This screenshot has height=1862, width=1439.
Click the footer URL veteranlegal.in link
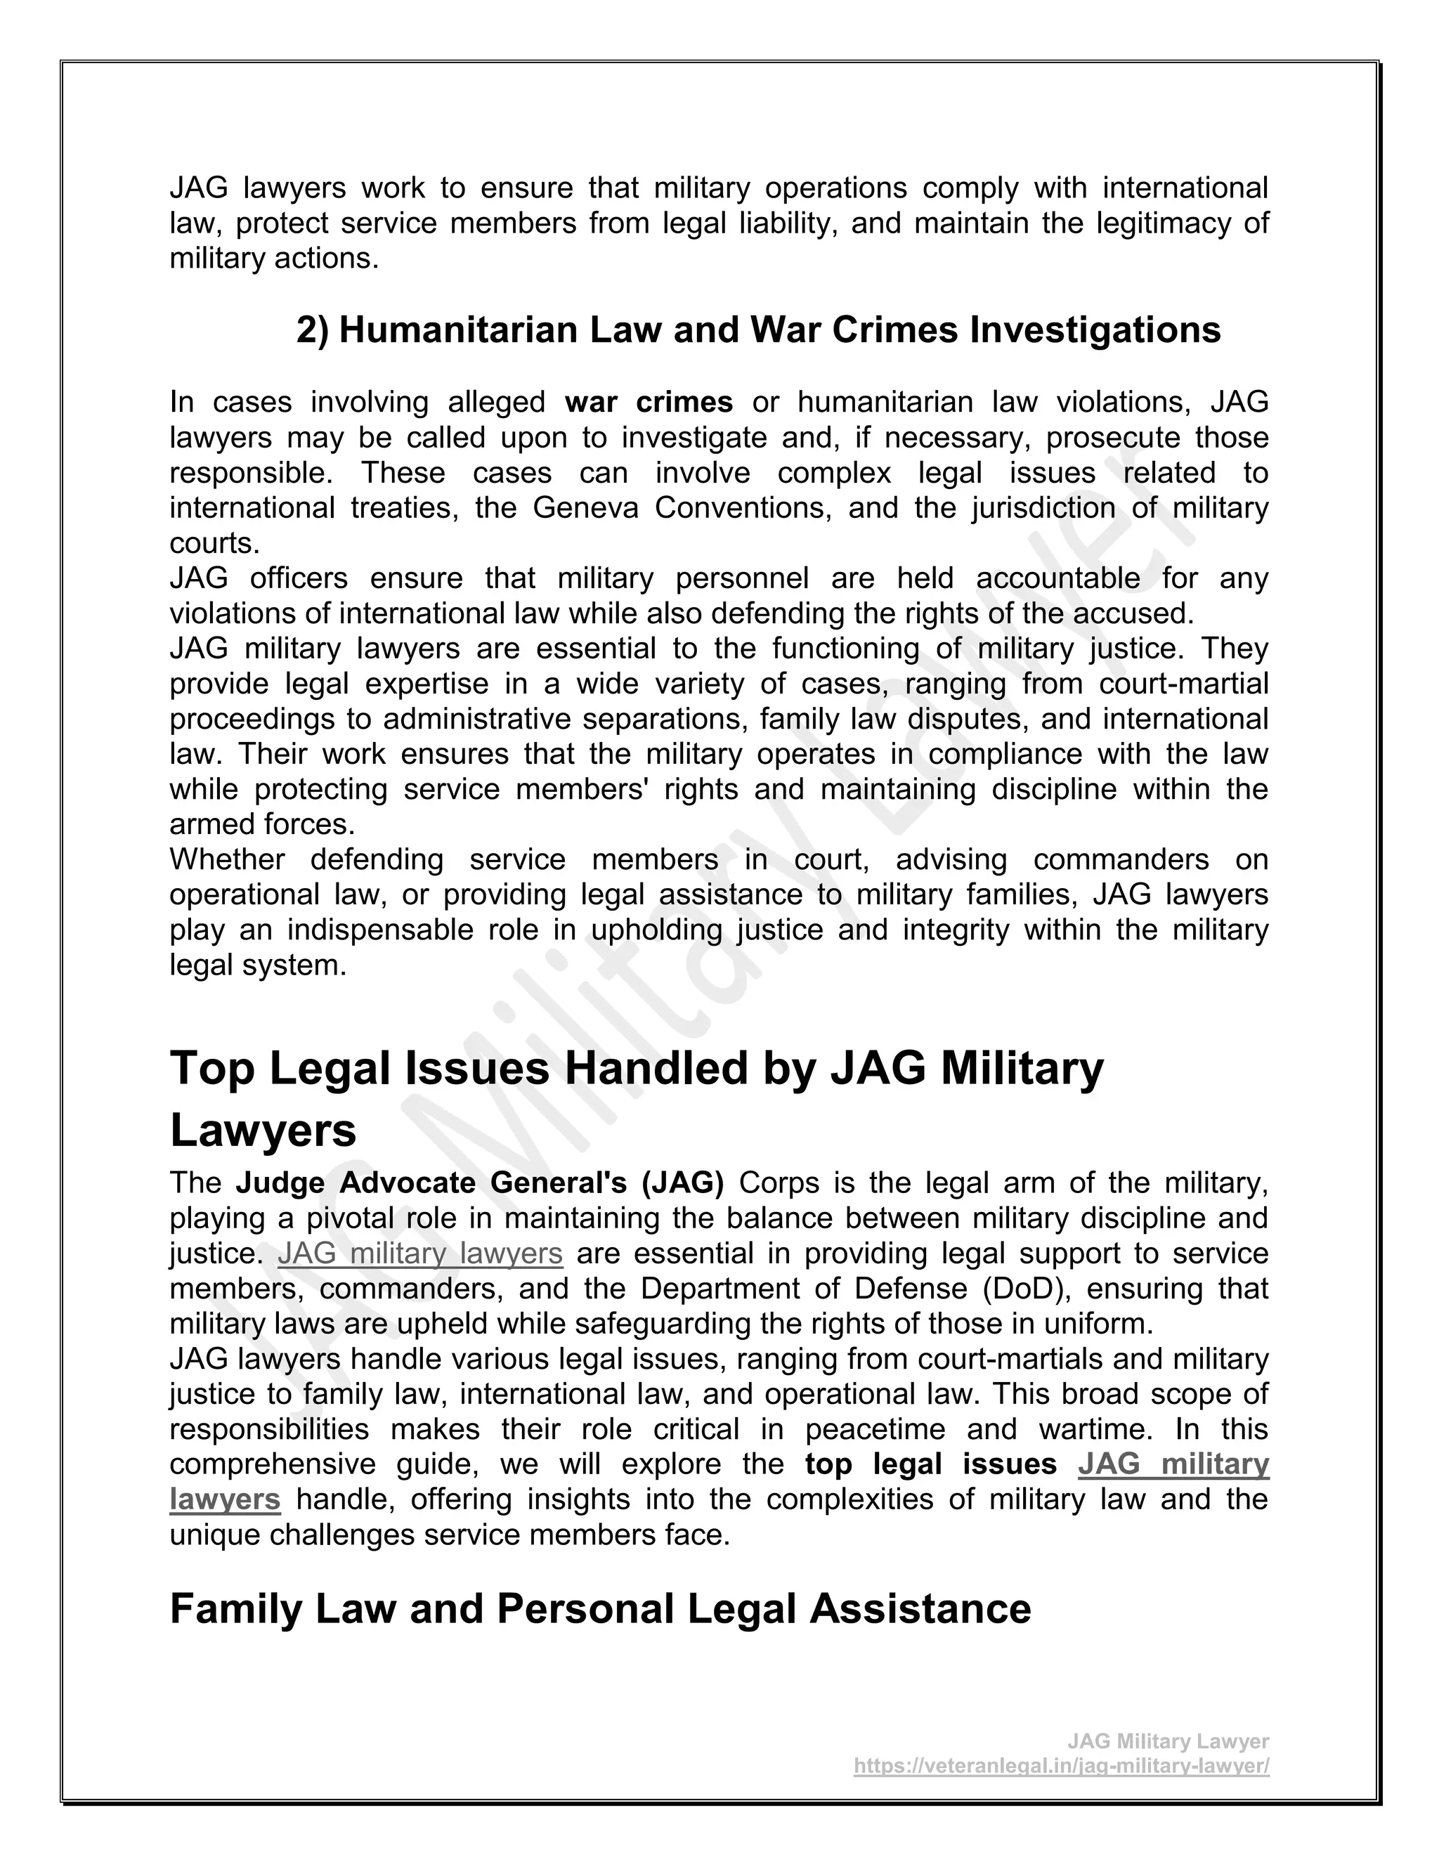[1062, 1766]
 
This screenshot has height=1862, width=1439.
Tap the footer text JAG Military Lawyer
[1168, 1741]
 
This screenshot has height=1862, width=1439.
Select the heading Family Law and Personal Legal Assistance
[600, 1610]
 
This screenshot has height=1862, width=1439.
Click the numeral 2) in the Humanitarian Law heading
[313, 331]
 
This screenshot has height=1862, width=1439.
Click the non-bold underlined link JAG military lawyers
[420, 1254]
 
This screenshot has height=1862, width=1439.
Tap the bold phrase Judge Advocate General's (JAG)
[480, 1183]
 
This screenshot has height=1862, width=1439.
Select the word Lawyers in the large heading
[263, 1131]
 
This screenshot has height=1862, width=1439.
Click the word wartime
[1095, 1429]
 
